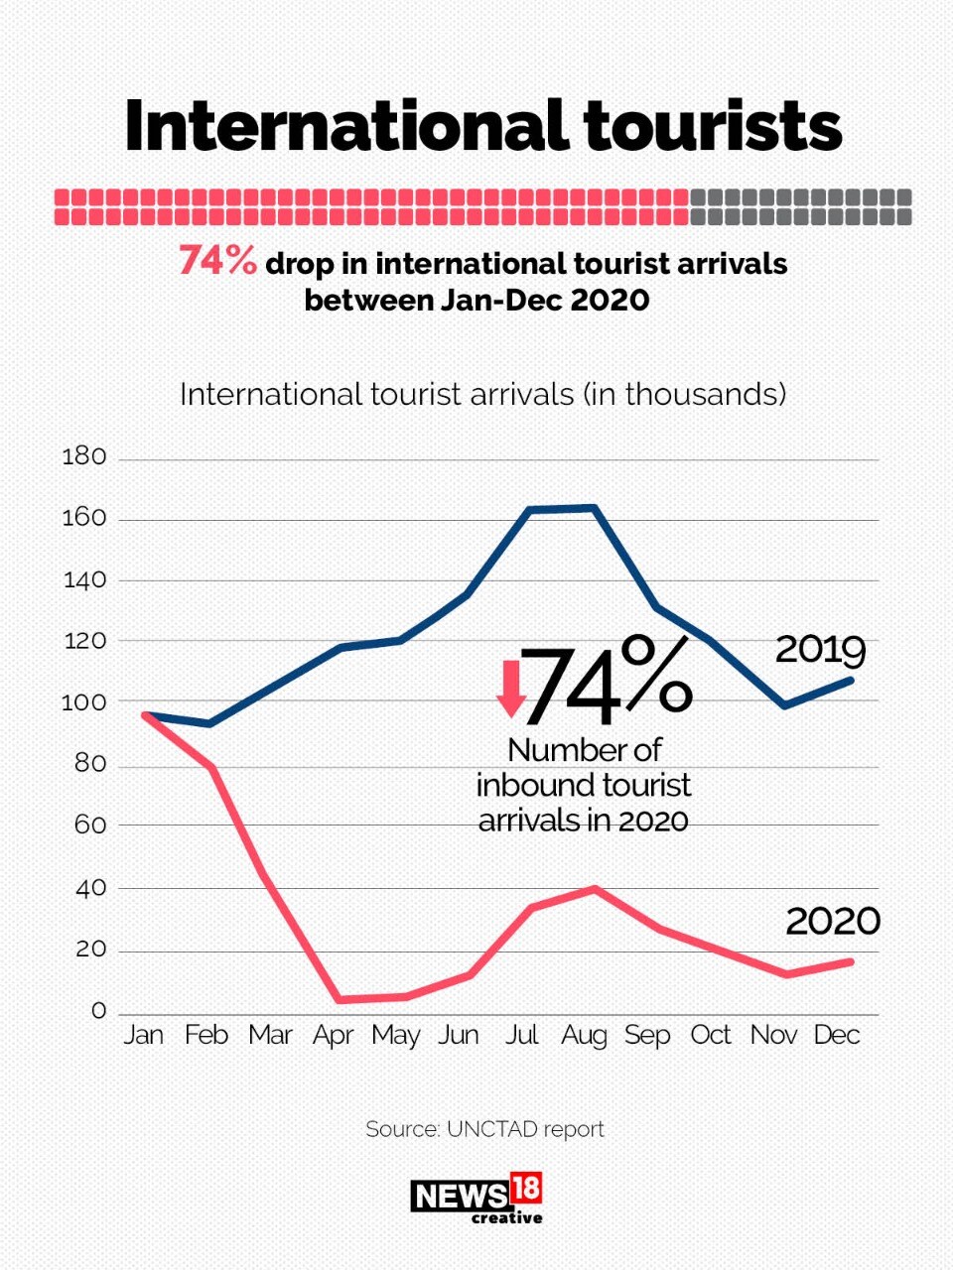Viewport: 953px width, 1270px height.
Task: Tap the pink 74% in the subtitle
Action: pyautogui.click(x=217, y=260)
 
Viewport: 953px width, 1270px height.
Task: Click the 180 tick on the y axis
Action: pyautogui.click(x=83, y=457)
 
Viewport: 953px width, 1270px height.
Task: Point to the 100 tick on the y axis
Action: pyautogui.click(x=83, y=702)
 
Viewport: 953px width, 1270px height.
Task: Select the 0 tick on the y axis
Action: pyautogui.click(x=98, y=1011)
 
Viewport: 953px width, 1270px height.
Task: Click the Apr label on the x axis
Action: pyautogui.click(x=333, y=1036)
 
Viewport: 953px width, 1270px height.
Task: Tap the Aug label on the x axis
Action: pyautogui.click(x=584, y=1036)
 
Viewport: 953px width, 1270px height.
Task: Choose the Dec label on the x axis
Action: pyautogui.click(x=836, y=1035)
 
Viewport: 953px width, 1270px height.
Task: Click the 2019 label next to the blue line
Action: pyautogui.click(x=820, y=650)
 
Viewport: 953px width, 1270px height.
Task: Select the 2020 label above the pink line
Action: pyautogui.click(x=833, y=922)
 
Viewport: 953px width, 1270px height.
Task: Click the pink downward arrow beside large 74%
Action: pyautogui.click(x=511, y=689)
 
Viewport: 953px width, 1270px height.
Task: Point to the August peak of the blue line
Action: pyautogui.click(x=594, y=508)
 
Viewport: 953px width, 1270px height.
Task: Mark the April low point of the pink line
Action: pyautogui.click(x=340, y=999)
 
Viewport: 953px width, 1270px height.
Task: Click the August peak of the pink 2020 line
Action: pyautogui.click(x=594, y=888)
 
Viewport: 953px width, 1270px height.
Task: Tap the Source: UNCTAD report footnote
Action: pyautogui.click(x=484, y=1129)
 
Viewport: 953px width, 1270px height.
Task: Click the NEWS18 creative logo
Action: pyautogui.click(x=476, y=1199)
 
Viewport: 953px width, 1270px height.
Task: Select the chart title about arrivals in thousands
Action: pyautogui.click(x=482, y=395)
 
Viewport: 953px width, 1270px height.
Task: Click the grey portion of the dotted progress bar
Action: pyautogui.click(x=800, y=206)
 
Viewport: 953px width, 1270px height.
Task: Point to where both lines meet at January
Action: pyautogui.click(x=146, y=714)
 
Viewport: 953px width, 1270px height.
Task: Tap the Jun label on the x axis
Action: pyautogui.click(x=459, y=1036)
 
